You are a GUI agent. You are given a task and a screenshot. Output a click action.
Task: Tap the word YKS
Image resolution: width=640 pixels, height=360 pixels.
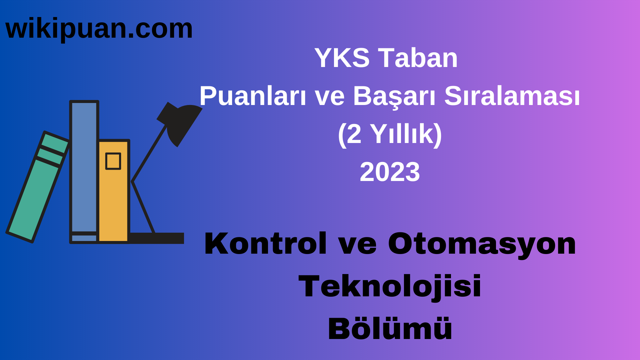click(342, 58)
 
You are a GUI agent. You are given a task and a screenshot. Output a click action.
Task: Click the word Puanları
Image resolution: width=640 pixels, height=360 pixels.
click(253, 96)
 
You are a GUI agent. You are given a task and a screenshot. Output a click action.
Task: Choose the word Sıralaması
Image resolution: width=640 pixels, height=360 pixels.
click(512, 96)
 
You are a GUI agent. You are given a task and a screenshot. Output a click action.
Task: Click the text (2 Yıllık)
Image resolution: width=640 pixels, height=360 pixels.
click(390, 134)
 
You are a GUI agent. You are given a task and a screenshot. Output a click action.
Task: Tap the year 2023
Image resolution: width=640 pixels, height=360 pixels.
click(390, 172)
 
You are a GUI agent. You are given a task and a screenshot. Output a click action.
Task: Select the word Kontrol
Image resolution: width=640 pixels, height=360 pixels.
click(265, 244)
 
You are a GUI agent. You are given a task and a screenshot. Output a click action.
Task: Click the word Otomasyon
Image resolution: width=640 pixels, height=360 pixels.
click(482, 244)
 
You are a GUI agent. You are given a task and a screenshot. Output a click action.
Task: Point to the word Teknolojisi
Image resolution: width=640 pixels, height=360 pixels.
click(390, 286)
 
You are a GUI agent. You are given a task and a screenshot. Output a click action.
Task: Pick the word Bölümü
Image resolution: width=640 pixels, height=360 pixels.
click(390, 329)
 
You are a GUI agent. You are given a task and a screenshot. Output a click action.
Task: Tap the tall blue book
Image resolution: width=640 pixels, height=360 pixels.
click(84, 167)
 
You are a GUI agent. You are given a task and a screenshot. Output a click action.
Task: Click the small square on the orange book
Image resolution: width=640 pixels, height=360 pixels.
click(113, 161)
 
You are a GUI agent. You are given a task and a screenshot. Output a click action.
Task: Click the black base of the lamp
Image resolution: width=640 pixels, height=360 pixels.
click(157, 238)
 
